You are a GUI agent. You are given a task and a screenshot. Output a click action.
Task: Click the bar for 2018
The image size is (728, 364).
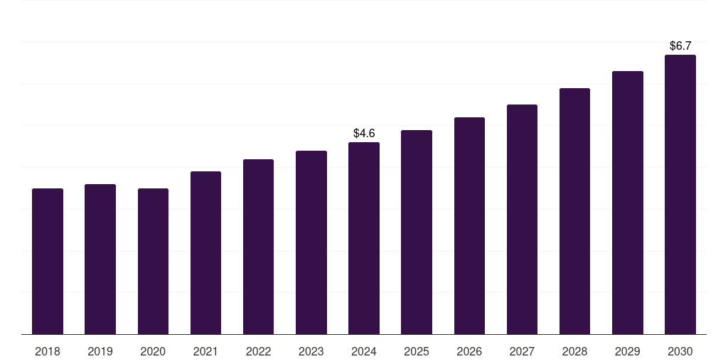[48, 262]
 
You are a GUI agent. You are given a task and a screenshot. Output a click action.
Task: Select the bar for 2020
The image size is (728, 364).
[153, 262]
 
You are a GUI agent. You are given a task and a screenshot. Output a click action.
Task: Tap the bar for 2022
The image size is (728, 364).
[258, 247]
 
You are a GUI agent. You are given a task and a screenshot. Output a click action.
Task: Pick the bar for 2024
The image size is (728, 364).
[364, 238]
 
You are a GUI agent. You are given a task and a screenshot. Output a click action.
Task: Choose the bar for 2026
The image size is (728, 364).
[469, 226]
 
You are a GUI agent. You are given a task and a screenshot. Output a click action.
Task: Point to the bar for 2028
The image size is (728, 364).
[574, 211]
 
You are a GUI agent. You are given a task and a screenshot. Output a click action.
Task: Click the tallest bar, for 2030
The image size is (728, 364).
[680, 195]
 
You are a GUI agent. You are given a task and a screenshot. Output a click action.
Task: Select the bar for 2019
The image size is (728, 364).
[100, 259]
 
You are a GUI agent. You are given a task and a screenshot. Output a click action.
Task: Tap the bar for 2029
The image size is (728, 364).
[628, 203]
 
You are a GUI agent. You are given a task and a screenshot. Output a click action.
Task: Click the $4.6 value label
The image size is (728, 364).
[364, 134]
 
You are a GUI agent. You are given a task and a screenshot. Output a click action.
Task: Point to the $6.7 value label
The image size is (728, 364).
[680, 46]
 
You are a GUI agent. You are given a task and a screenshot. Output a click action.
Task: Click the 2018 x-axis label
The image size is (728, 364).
[48, 352]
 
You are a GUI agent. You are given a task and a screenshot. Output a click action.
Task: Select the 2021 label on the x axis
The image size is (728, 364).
[205, 352]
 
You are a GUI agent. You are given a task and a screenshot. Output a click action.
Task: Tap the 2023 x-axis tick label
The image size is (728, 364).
[311, 352]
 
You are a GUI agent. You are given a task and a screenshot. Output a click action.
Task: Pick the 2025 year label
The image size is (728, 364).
[417, 352]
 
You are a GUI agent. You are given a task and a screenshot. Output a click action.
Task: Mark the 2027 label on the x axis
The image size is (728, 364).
[522, 352]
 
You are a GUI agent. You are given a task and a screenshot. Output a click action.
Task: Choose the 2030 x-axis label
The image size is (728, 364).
[680, 352]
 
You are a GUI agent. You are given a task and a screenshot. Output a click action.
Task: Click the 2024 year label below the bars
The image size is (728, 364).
[364, 352]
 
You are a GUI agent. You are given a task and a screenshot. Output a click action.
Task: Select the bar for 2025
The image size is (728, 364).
[417, 232]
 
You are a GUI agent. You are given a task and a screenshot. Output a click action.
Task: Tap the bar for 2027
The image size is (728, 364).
[522, 220]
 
